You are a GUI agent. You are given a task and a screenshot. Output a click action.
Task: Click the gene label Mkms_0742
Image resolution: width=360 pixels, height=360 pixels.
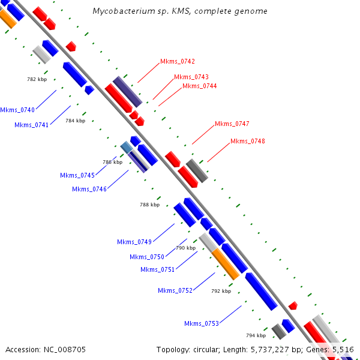point(178,62)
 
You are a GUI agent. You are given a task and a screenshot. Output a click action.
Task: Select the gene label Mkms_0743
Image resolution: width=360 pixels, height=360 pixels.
point(191,77)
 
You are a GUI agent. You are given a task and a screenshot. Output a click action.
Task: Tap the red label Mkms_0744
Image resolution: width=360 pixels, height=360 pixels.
point(200,86)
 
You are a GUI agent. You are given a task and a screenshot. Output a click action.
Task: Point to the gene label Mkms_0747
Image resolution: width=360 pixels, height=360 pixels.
point(232,124)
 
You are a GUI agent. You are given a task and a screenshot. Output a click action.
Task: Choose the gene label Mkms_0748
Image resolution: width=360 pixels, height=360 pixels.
point(247,141)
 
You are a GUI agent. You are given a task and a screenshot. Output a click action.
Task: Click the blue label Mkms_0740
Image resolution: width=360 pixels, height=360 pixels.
point(17,110)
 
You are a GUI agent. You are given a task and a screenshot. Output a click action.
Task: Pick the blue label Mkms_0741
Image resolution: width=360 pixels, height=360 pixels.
point(31,125)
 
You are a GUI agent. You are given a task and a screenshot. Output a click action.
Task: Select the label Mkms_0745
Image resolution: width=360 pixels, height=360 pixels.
point(77,176)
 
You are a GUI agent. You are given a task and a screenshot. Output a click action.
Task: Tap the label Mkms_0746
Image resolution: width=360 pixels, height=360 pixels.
point(89,190)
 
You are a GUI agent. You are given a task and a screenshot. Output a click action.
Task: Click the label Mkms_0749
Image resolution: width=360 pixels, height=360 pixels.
point(134,242)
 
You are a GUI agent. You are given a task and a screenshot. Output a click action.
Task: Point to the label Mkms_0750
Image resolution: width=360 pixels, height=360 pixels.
point(147,257)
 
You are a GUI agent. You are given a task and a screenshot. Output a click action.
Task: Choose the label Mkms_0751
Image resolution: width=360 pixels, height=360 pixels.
point(157,270)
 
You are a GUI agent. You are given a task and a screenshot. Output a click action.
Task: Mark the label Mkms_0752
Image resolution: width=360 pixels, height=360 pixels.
point(175,291)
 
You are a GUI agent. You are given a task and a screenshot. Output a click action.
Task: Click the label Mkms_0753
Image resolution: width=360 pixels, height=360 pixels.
point(202,324)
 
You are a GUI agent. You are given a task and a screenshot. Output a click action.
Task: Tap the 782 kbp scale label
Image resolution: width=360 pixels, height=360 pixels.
point(37,79)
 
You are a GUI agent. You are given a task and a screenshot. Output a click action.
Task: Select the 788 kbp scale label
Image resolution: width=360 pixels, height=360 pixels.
point(149,205)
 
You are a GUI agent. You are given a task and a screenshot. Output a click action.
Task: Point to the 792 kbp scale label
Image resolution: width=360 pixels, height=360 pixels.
point(221,291)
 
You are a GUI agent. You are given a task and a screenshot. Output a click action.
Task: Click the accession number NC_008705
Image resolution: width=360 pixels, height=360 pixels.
point(65,350)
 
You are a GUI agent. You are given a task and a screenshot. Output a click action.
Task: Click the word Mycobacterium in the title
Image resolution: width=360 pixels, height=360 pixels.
point(124,11)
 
